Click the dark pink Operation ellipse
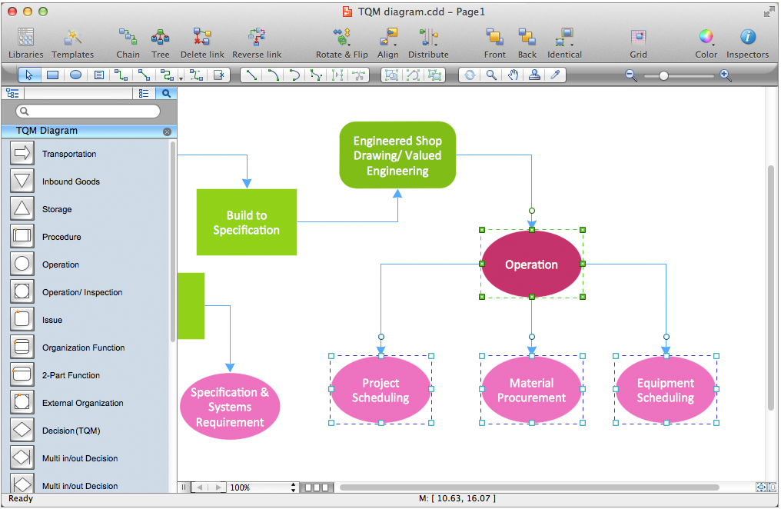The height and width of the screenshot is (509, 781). tap(531, 264)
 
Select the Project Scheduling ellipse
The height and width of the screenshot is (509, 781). tap(381, 390)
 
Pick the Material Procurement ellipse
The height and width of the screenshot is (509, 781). tap(531, 390)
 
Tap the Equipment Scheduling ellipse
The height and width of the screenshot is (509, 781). tap(666, 390)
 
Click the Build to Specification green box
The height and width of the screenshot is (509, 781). tap(246, 222)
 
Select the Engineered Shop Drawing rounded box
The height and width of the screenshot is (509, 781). tap(397, 155)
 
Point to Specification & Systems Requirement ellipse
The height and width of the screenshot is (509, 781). tap(229, 407)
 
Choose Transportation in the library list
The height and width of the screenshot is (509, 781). tap(69, 154)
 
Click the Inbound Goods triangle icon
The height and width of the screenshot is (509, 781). tap(22, 181)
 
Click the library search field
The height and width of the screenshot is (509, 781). tap(88, 111)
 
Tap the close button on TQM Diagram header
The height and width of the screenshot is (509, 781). tap(167, 131)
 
